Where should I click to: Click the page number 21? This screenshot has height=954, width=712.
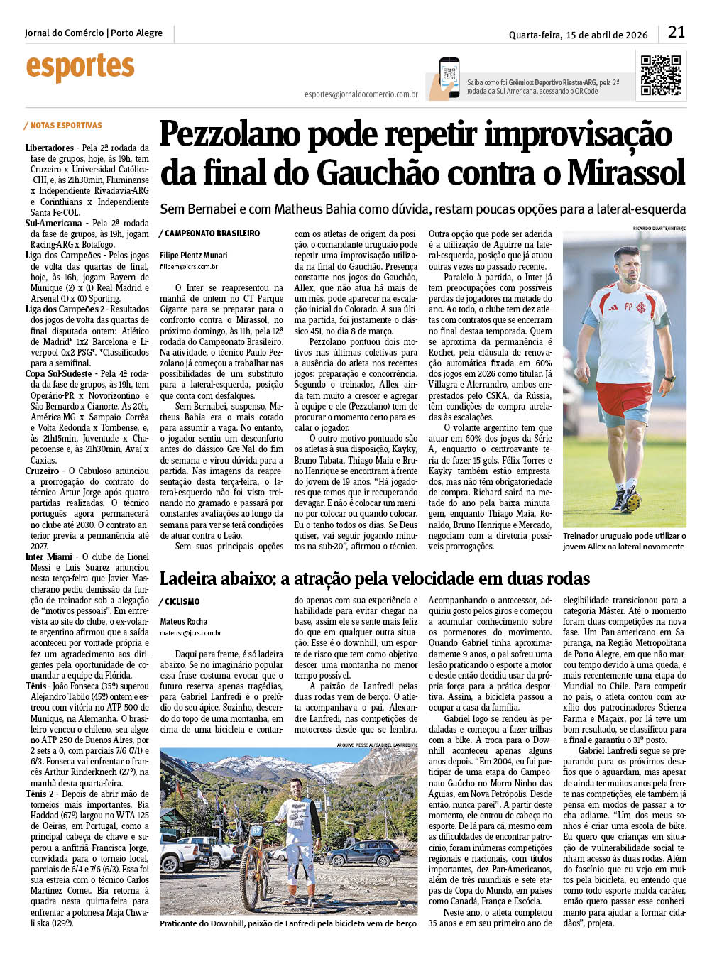pyautogui.click(x=676, y=32)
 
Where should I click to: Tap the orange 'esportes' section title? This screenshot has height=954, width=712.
pyautogui.click(x=80, y=67)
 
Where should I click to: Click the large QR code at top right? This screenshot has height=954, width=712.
pyautogui.click(x=660, y=75)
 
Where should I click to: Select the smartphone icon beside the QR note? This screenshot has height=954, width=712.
pyautogui.click(x=449, y=77)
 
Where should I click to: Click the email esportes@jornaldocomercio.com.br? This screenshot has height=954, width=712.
pyautogui.click(x=361, y=94)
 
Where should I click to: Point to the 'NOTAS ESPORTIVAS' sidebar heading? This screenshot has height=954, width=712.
pyautogui.click(x=66, y=126)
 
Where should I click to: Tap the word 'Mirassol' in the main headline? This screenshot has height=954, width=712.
pyautogui.click(x=626, y=172)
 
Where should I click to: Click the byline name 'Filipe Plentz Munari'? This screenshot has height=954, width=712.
pyautogui.click(x=194, y=256)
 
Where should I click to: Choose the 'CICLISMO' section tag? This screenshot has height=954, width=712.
pyautogui.click(x=182, y=602)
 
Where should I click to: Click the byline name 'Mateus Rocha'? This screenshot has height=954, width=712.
pyautogui.click(x=184, y=622)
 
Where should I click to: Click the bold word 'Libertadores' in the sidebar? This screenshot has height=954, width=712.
pyautogui.click(x=50, y=148)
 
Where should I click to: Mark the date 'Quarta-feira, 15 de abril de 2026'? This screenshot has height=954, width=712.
pyautogui.click(x=578, y=35)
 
